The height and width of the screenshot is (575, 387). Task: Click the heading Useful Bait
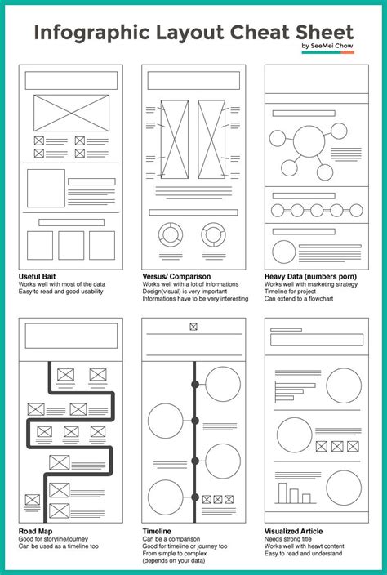click(x=39, y=276)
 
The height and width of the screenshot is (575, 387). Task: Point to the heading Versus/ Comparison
click(x=176, y=276)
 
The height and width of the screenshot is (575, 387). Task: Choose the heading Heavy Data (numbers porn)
click(x=309, y=276)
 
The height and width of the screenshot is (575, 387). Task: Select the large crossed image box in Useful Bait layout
click(x=71, y=112)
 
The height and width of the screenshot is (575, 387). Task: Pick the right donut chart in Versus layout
click(x=215, y=234)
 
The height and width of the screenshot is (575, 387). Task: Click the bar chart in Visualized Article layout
click(x=291, y=493)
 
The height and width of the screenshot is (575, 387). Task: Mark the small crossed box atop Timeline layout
click(x=193, y=327)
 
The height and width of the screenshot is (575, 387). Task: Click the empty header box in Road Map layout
click(x=71, y=337)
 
